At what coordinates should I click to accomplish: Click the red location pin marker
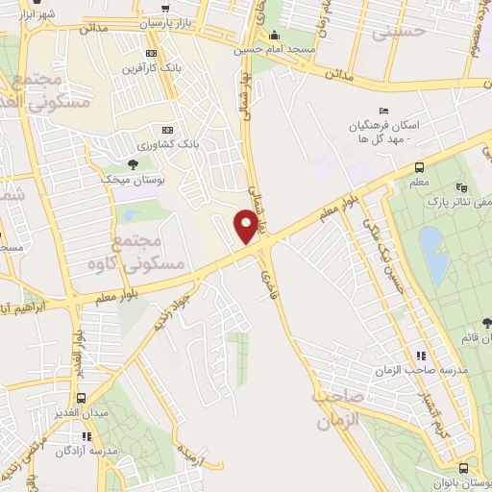click(247, 228)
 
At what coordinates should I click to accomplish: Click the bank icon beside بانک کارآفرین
click(149, 53)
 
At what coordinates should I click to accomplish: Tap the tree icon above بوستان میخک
click(132, 165)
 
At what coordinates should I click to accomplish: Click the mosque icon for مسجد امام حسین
click(276, 37)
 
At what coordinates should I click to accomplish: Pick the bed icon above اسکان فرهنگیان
click(384, 111)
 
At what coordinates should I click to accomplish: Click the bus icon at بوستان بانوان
click(464, 469)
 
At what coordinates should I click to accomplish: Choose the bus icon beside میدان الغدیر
click(81, 398)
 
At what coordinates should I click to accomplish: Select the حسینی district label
click(398, 32)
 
